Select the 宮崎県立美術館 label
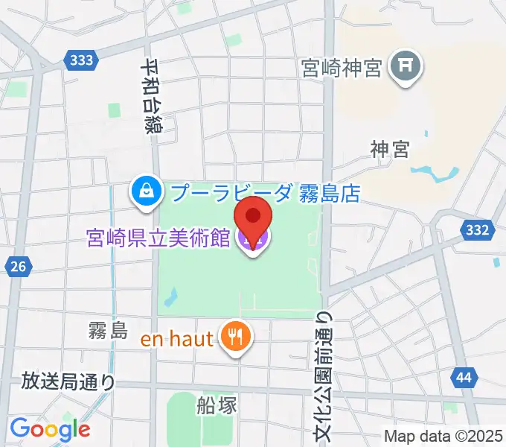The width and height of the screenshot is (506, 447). pos(157,239)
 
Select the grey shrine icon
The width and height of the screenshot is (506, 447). pos(406,68)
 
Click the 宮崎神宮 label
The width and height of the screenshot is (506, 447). pos(342,69)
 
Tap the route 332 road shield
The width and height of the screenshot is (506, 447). pos(475,230)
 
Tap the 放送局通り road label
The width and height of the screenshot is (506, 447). pos(68,382)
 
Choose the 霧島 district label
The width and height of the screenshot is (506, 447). pos(108,330)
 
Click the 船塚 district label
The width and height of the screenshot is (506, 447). pos(217,405)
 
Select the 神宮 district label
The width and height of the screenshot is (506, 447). pos(390,150)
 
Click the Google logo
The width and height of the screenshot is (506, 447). pos(50,429)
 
